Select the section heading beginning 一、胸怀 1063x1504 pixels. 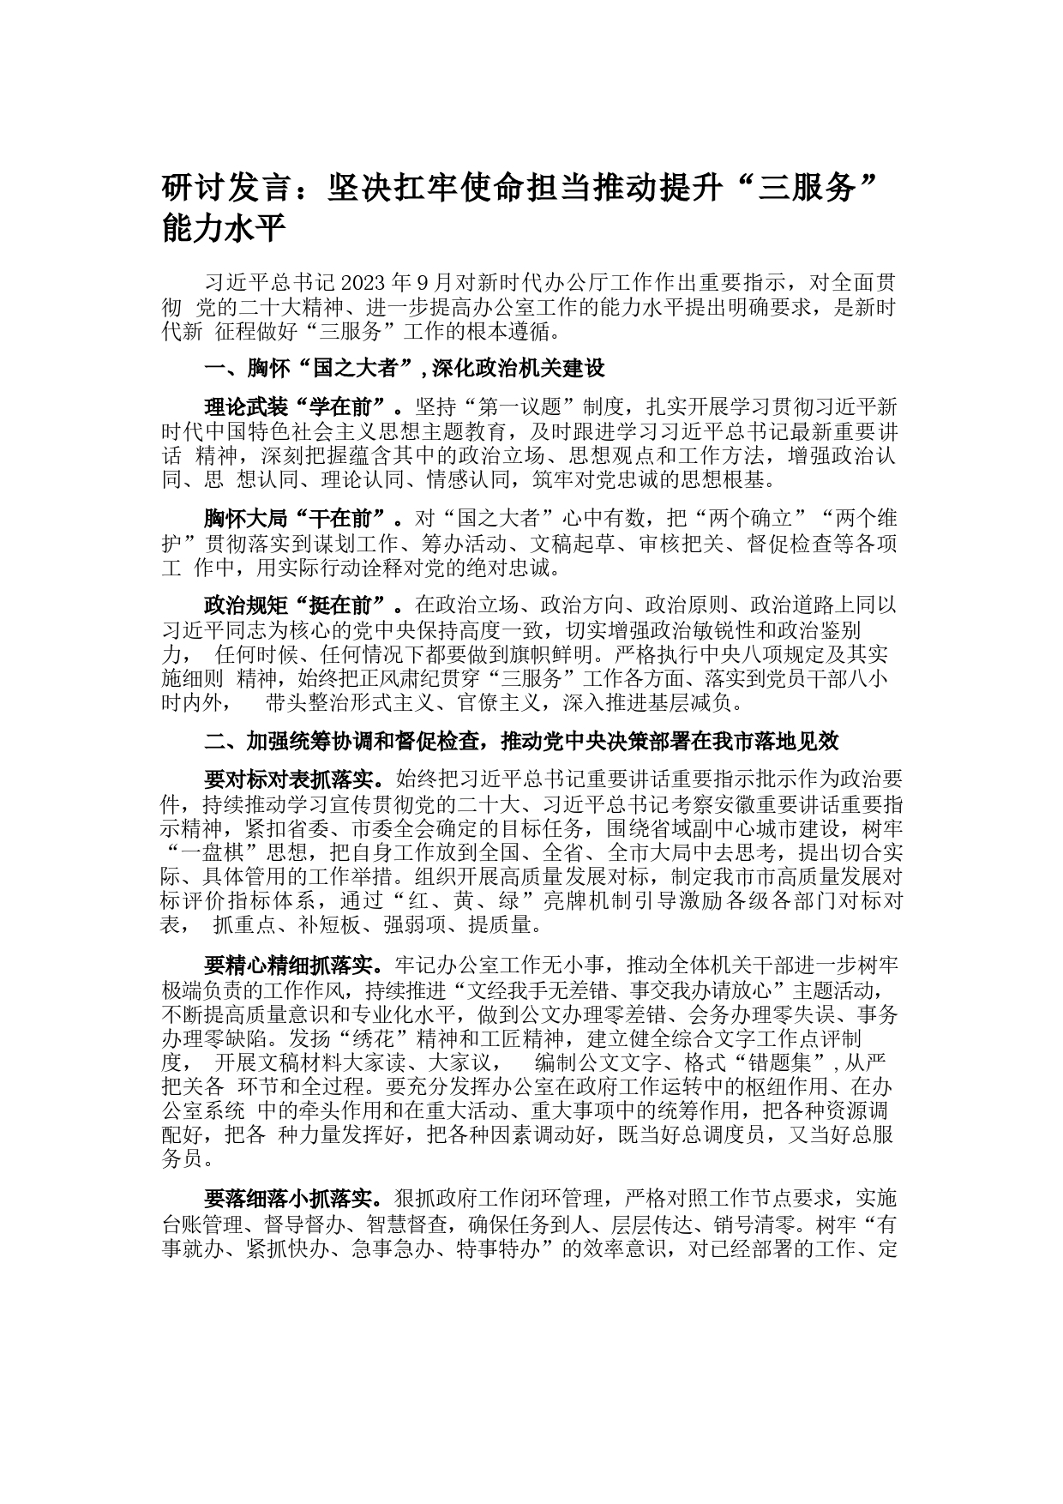point(405,369)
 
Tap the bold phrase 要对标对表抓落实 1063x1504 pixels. point(291,779)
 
